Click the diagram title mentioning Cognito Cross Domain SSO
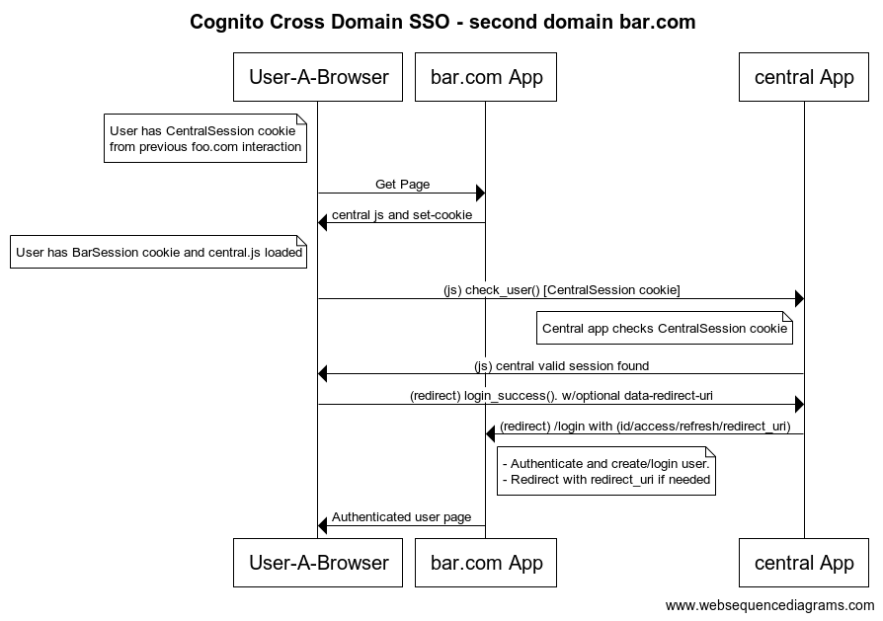(441, 22)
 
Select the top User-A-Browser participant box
(318, 77)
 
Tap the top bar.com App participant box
(486, 77)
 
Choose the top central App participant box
(803, 77)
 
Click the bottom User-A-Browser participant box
(318, 563)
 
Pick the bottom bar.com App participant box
(486, 563)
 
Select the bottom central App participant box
(803, 563)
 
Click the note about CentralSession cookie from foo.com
(205, 138)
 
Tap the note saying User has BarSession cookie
(158, 252)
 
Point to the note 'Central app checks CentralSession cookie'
(665, 329)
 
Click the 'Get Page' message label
(402, 185)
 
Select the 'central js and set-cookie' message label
(401, 214)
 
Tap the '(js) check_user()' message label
(561, 289)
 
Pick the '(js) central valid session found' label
(561, 365)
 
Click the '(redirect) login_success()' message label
(561, 396)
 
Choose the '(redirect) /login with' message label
(644, 427)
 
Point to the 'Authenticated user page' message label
(401, 516)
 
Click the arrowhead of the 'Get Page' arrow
(480, 193)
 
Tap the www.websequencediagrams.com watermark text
(769, 605)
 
